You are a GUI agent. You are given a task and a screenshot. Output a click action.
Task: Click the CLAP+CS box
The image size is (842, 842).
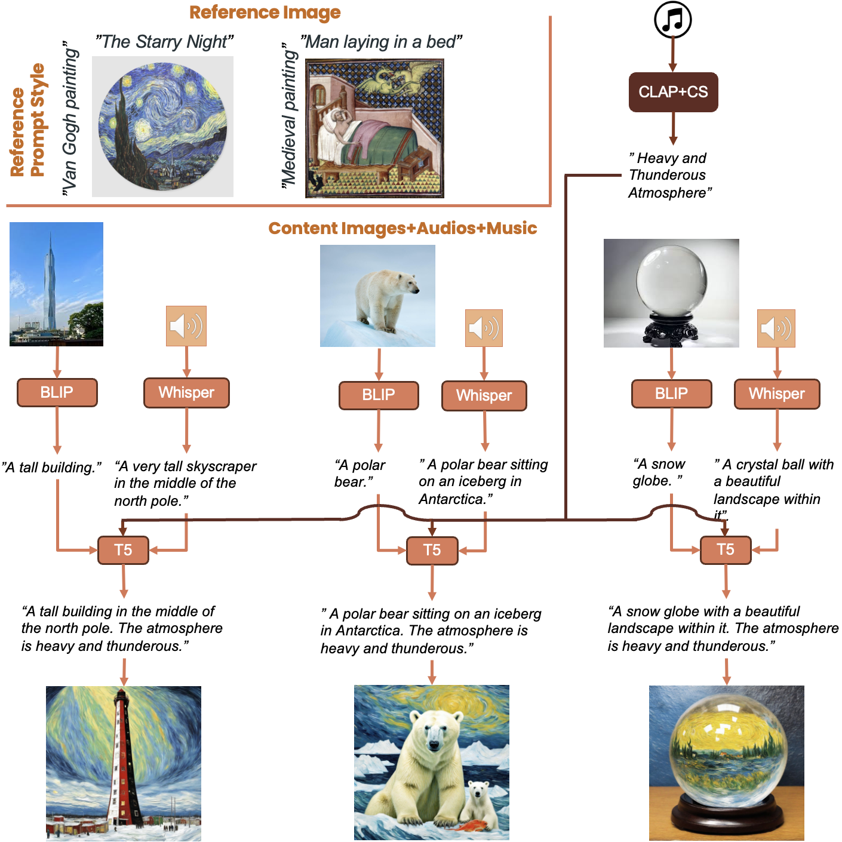(673, 92)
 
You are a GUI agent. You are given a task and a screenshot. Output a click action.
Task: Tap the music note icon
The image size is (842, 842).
(673, 20)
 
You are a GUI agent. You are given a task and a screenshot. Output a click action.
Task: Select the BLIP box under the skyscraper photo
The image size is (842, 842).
(57, 392)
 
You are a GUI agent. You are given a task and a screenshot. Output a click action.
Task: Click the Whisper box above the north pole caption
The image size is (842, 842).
(186, 392)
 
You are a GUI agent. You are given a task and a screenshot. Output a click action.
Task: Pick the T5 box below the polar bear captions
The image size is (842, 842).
(432, 550)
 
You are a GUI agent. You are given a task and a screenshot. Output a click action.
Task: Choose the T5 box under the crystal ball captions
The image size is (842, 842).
(725, 549)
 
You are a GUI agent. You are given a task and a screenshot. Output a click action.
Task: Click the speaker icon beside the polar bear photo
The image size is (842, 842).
(484, 328)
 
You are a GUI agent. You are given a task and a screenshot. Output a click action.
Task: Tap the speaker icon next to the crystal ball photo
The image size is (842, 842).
(776, 328)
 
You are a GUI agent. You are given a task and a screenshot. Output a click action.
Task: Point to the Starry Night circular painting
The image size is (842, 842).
(162, 127)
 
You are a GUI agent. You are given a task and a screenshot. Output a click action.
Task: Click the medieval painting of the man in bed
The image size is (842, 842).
(374, 128)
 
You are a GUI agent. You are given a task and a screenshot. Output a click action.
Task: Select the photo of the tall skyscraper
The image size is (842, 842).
(56, 284)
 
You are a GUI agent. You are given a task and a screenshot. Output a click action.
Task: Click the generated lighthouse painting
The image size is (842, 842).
(124, 763)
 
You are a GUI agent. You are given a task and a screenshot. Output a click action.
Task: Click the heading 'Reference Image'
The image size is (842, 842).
(265, 13)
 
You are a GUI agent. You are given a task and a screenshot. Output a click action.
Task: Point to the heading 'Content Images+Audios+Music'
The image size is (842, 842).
(402, 228)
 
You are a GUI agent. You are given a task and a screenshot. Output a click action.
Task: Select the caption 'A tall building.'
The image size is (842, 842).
(51, 467)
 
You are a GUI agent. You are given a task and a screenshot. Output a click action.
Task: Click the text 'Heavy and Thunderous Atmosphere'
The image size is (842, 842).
(669, 175)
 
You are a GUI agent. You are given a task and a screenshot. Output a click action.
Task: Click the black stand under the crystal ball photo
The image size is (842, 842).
(671, 332)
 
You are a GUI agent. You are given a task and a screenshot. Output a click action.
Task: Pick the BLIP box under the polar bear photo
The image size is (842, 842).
(379, 395)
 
